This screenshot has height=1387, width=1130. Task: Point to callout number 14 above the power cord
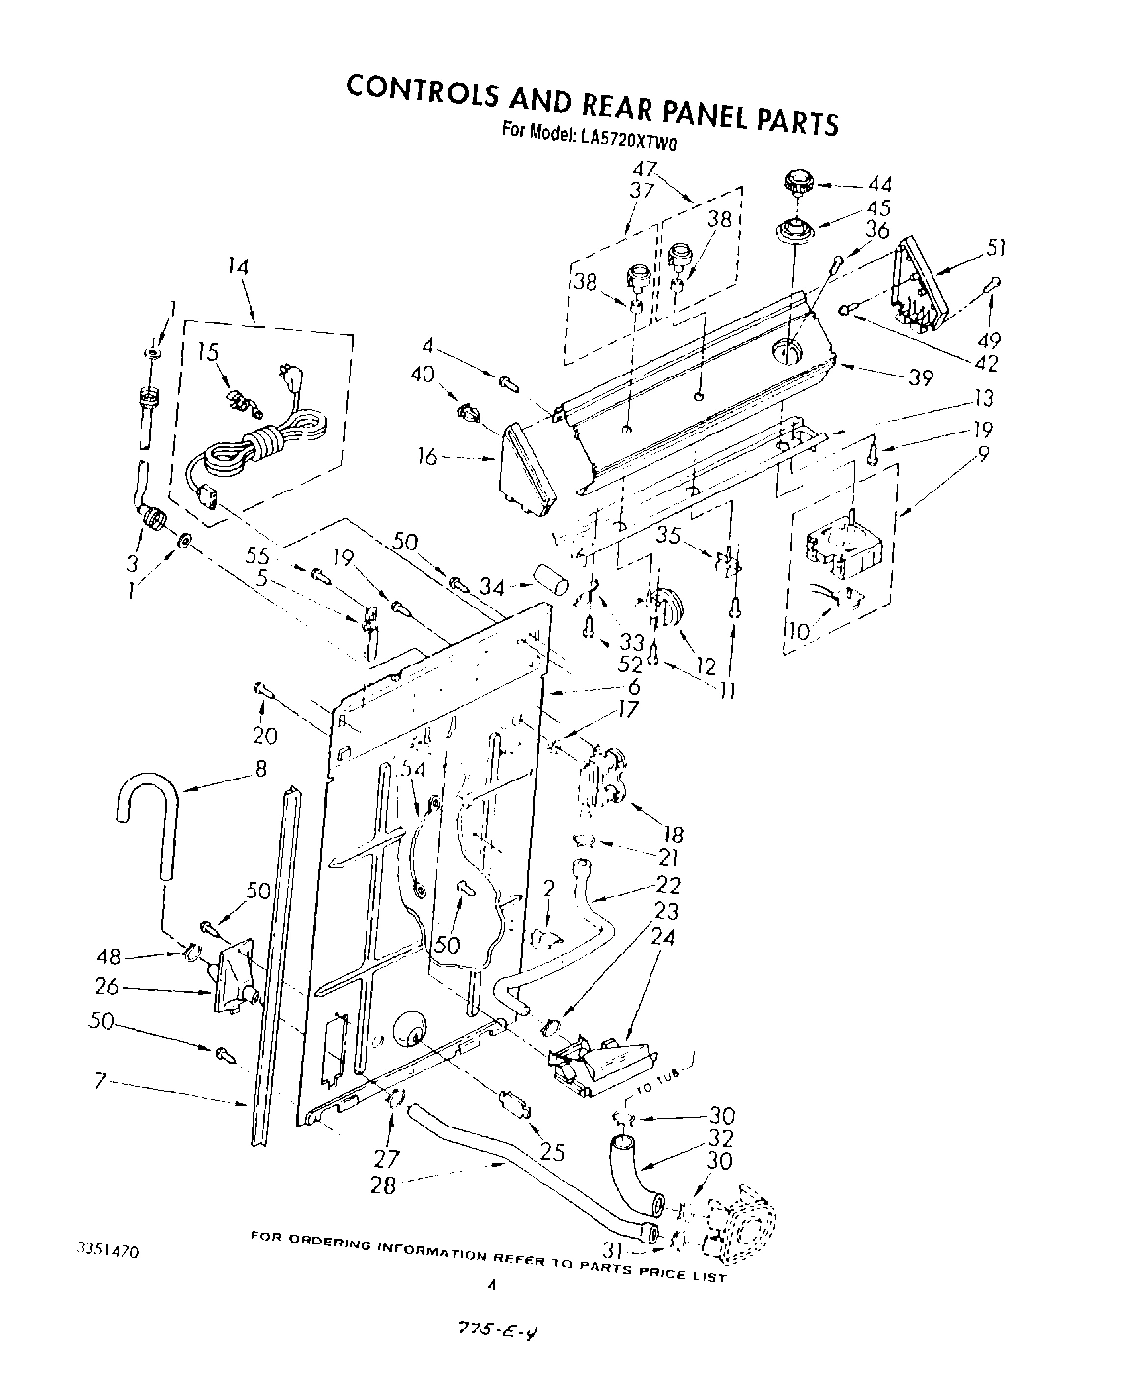tap(237, 265)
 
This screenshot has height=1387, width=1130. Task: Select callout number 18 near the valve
tap(673, 835)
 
